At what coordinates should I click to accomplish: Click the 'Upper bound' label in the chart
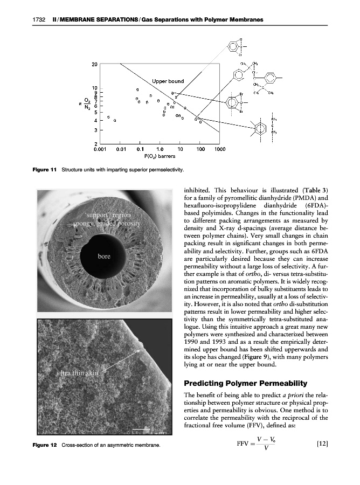[168, 81]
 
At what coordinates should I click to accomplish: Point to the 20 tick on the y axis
[94, 64]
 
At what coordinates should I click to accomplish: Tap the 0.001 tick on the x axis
[101, 148]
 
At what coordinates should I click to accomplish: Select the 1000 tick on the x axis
[219, 148]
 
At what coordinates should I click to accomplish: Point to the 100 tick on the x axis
[200, 148]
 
